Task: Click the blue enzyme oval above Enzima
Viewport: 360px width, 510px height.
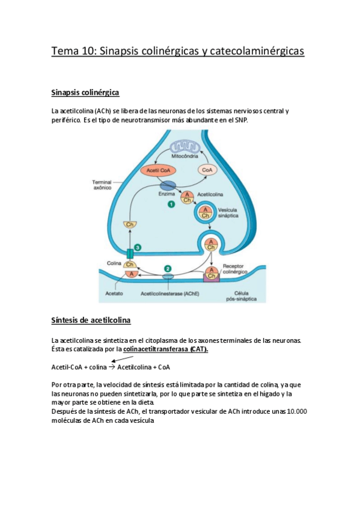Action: click(x=167, y=186)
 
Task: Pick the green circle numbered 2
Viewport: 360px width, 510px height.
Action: click(x=168, y=268)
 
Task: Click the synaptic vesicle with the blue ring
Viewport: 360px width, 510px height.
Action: click(x=205, y=212)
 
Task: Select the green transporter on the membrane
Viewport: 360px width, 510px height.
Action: click(x=130, y=253)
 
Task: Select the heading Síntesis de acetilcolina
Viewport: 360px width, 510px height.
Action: click(x=91, y=320)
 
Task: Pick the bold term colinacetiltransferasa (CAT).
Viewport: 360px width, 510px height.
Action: click(x=165, y=349)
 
